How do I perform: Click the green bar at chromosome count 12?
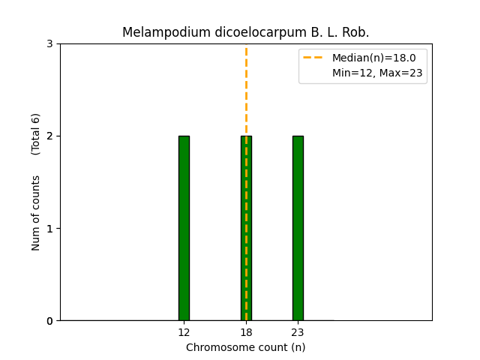tap(184, 228)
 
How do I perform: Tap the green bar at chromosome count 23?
tap(298, 228)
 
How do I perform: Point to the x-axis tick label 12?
tap(184, 332)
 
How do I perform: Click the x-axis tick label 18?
tap(246, 332)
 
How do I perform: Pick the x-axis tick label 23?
tap(298, 332)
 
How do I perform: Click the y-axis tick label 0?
tap(50, 321)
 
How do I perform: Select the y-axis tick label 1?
tap(50, 229)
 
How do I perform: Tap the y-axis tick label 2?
tap(50, 136)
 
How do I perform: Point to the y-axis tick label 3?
tap(50, 44)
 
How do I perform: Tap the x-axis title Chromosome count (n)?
tap(246, 347)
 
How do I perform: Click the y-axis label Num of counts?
tap(36, 213)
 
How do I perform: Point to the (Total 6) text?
tap(36, 133)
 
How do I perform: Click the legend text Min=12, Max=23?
tap(377, 73)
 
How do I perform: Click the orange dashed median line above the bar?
tap(246, 90)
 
